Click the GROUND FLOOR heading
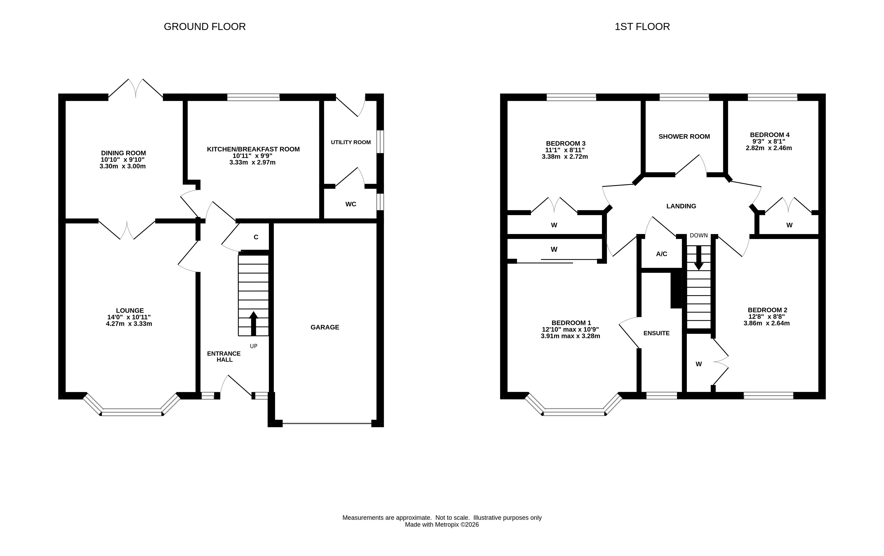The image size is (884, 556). [204, 27]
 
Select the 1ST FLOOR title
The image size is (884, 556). [642, 27]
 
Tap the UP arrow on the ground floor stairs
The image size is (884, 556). [253, 324]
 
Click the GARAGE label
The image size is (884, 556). [325, 327]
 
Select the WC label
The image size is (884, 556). [351, 204]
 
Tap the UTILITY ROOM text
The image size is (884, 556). [351, 142]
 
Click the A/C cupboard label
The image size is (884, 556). [661, 254]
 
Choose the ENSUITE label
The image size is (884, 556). [656, 333]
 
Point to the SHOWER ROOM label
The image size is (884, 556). [684, 137]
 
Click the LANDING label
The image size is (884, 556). [681, 206]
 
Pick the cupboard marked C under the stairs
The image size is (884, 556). [256, 237]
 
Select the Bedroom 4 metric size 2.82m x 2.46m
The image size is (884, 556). [769, 148]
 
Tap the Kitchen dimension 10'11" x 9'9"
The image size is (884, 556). [253, 156]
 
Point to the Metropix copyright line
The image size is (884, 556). [442, 525]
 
